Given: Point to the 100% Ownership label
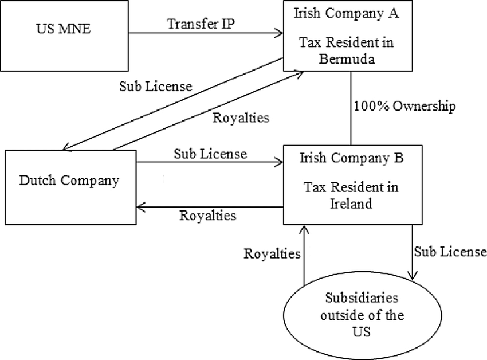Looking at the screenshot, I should click(x=404, y=106).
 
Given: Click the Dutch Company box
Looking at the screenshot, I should click(x=70, y=181).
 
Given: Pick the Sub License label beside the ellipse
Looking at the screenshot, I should click(x=450, y=251).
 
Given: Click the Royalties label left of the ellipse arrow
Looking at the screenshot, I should click(x=272, y=253).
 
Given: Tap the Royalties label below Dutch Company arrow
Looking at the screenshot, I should click(x=208, y=215).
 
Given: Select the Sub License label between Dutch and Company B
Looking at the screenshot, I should click(x=210, y=154).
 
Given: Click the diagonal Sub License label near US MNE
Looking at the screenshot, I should click(x=155, y=87).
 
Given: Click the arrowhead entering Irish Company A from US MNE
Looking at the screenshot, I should click(x=279, y=33).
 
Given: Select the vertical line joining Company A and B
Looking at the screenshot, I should click(x=351, y=109).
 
